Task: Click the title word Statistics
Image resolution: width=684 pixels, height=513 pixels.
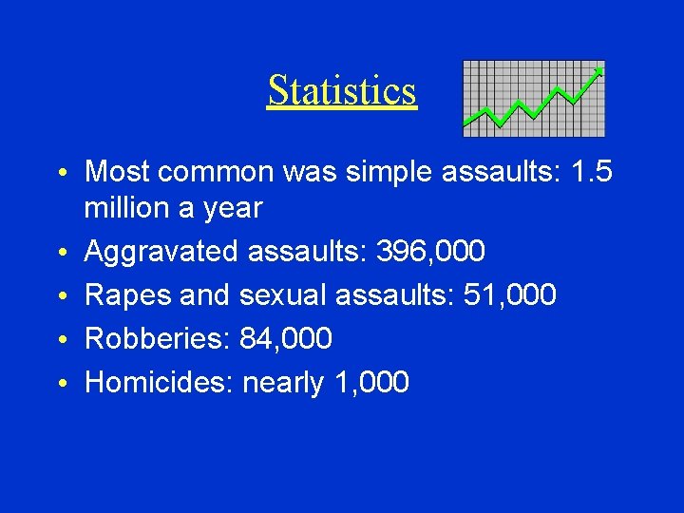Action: [342, 91]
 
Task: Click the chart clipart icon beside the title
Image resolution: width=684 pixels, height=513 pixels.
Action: [533, 99]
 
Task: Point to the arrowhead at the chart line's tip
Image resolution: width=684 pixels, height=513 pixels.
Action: [598, 70]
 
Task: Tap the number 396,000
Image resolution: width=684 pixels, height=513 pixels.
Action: [430, 252]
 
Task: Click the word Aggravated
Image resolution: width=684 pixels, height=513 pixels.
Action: [161, 252]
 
